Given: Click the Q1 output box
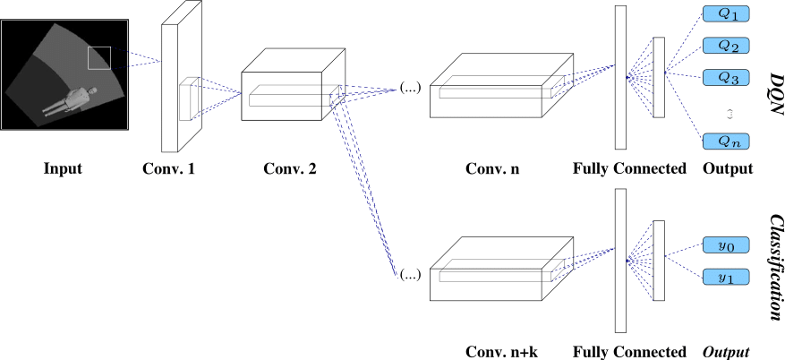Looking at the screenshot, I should point(727,14).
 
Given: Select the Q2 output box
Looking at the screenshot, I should point(727,46).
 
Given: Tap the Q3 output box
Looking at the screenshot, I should point(727,78).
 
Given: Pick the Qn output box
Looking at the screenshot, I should point(727,141).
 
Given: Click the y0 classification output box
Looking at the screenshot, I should point(727,245).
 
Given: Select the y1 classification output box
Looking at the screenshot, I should point(727,277).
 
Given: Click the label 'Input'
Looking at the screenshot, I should point(62,168).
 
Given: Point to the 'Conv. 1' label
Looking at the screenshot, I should point(168,168).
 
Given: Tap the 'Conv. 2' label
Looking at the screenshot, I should point(290,168).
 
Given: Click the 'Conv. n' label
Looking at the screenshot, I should point(491,168).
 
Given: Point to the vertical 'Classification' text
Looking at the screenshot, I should point(775,267).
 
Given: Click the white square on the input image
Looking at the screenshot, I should point(98,57).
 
